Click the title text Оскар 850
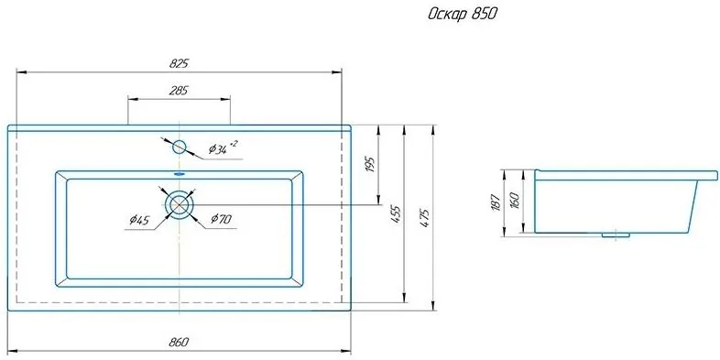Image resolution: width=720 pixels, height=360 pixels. point(463,15)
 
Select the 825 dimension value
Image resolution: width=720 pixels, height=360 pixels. point(179,64)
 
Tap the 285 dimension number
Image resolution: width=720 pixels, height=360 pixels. point(179,91)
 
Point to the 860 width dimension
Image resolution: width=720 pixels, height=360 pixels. point(179,342)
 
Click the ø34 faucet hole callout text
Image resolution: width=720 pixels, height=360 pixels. point(223,147)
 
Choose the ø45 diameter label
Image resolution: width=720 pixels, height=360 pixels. point(139,221)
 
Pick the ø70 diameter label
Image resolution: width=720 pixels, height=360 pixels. point(221,219)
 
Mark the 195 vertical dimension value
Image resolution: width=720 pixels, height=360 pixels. point(371,164)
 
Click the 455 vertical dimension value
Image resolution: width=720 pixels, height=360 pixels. point(397,215)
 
